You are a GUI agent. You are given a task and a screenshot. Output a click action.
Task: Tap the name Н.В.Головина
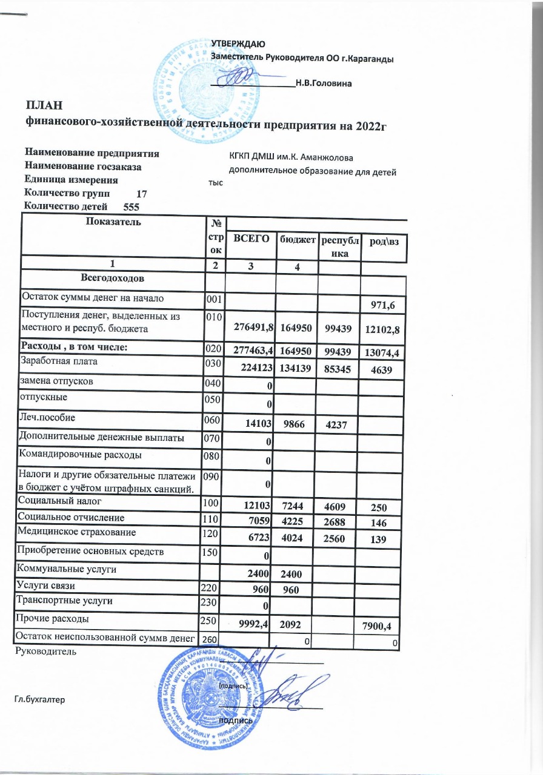pos(324,82)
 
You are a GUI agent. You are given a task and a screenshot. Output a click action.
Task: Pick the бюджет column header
pos(298,240)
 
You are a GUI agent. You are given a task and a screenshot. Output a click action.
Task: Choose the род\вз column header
pos(384,242)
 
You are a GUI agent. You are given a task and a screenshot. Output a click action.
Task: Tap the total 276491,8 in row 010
pos(250,328)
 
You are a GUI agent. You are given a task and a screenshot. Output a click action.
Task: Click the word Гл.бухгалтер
pos(39,699)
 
